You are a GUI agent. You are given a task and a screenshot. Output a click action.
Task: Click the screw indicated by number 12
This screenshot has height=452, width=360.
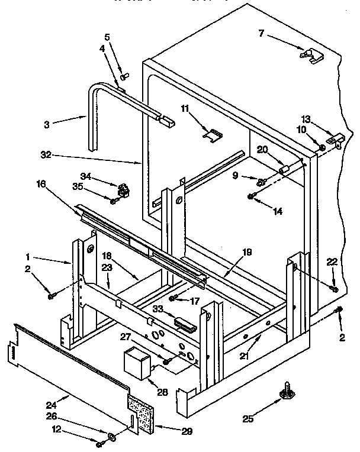click(x=99, y=443)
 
